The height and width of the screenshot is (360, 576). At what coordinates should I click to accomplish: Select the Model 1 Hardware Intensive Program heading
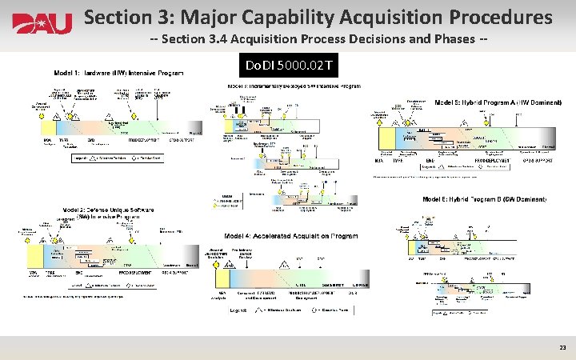[x=118, y=74]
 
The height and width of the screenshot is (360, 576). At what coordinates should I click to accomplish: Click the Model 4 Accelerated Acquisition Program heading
[x=291, y=237]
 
